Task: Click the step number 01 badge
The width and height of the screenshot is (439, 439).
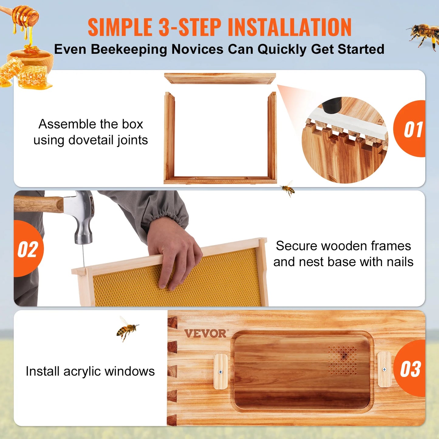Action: (412, 129)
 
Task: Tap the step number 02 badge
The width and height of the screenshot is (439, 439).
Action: (28, 249)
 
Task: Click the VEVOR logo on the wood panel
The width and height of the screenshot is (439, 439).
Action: (206, 334)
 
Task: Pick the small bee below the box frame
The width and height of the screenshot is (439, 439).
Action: (288, 189)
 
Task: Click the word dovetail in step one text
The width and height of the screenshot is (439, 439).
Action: (91, 140)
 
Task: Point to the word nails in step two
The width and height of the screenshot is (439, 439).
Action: (400, 262)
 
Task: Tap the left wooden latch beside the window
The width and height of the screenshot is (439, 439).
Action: (221, 371)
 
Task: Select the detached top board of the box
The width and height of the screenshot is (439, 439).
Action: (220, 78)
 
